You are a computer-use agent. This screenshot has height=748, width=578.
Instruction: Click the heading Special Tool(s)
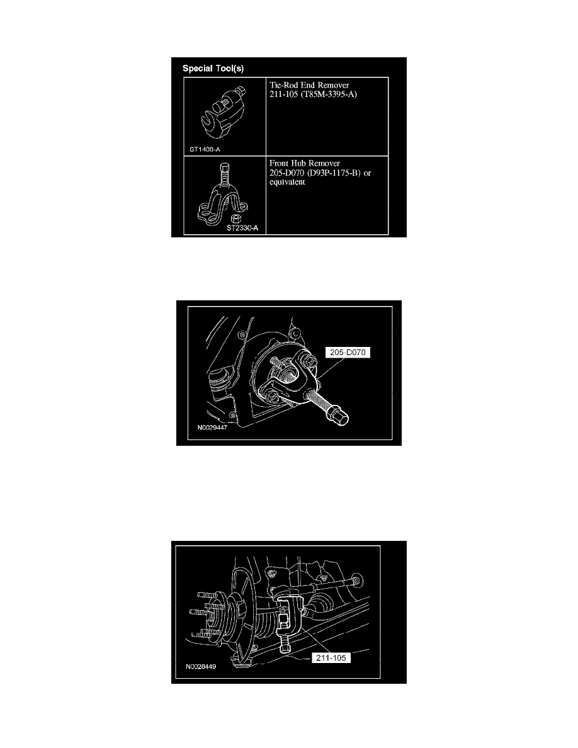pyautogui.click(x=213, y=67)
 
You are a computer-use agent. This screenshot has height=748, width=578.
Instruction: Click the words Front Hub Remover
pyautogui.click(x=304, y=162)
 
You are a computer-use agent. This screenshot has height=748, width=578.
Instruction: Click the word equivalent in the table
pyautogui.click(x=287, y=183)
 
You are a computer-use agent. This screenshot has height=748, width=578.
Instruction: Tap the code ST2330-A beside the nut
pyautogui.click(x=242, y=228)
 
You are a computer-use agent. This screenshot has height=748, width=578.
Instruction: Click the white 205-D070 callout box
pyautogui.click(x=347, y=353)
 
